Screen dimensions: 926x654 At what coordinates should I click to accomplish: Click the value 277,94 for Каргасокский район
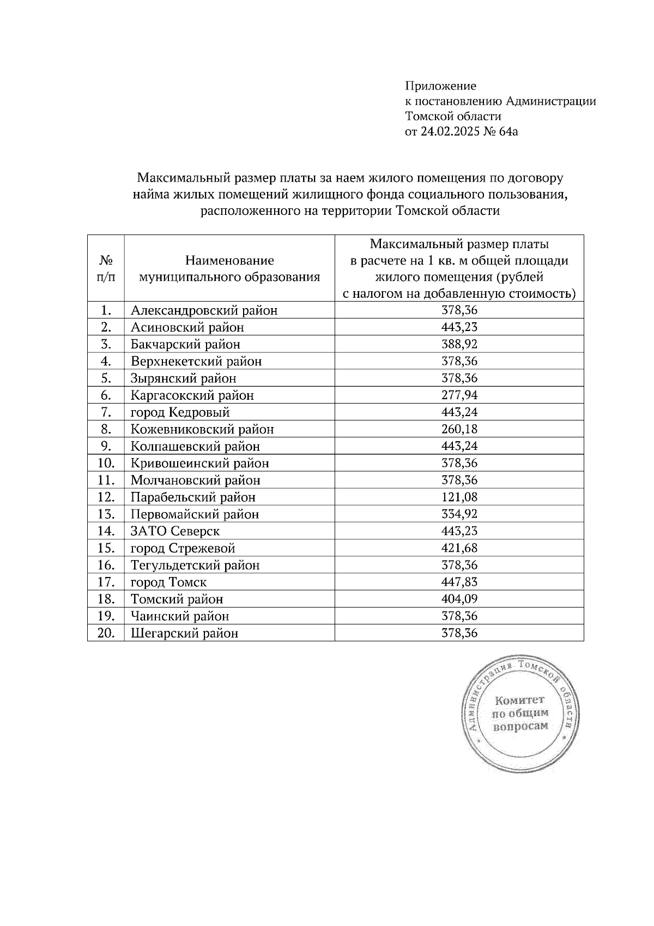click(x=459, y=395)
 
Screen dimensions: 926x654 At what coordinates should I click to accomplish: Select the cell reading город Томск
click(x=168, y=582)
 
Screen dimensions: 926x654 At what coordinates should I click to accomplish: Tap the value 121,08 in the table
click(x=459, y=497)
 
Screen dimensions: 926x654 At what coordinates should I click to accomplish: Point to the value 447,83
click(x=459, y=582)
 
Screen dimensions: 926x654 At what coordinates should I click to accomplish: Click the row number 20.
click(x=106, y=633)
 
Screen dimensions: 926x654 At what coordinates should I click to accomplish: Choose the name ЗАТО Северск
click(x=175, y=531)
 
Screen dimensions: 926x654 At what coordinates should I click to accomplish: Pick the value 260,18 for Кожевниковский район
click(x=459, y=429)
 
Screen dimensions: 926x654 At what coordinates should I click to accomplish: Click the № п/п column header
click(x=106, y=268)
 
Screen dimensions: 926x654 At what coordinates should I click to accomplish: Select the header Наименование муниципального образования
click(x=229, y=268)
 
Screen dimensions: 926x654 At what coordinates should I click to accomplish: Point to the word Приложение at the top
click(x=440, y=86)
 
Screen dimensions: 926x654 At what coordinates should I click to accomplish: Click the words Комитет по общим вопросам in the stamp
click(x=520, y=713)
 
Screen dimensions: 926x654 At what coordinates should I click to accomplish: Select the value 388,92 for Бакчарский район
click(x=459, y=344)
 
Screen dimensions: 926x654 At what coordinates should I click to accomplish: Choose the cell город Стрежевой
click(x=183, y=548)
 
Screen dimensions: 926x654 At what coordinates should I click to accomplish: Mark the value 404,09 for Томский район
click(x=459, y=599)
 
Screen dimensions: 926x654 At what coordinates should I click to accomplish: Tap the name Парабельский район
click(x=193, y=497)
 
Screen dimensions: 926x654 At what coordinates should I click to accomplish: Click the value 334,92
click(x=459, y=514)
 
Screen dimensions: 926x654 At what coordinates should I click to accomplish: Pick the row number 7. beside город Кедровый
click(x=106, y=412)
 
